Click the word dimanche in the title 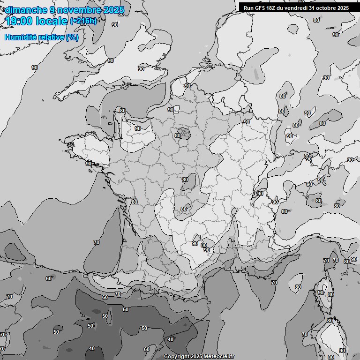(26, 10)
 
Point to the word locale (53, 21)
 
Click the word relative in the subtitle (51, 37)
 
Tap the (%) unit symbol (72, 37)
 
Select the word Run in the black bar (248, 7)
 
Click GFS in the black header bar (260, 7)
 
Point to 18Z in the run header (272, 7)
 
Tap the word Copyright (176, 357)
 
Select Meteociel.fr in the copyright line (219, 357)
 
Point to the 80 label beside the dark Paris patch (177, 135)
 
